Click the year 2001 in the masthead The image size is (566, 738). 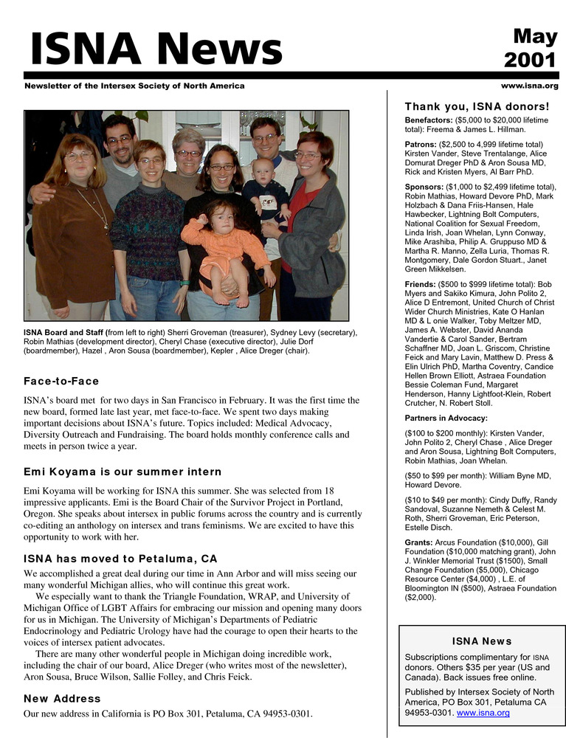pyautogui.click(x=531, y=60)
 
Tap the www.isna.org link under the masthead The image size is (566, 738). pyautogui.click(x=529, y=86)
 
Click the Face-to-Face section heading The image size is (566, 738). pyautogui.click(x=61, y=382)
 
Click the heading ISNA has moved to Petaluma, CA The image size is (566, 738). pyautogui.click(x=121, y=559)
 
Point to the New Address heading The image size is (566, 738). pyautogui.click(x=62, y=698)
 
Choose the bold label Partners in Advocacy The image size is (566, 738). pyautogui.click(x=446, y=418)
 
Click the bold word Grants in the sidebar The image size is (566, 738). pyautogui.click(x=418, y=542)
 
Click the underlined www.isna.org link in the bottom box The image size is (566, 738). pyautogui.click(x=484, y=713)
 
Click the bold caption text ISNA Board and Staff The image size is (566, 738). pyautogui.click(x=64, y=333)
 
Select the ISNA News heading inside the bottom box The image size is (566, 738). pyautogui.click(x=481, y=641)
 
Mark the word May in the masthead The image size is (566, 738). pyautogui.click(x=536, y=35)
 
